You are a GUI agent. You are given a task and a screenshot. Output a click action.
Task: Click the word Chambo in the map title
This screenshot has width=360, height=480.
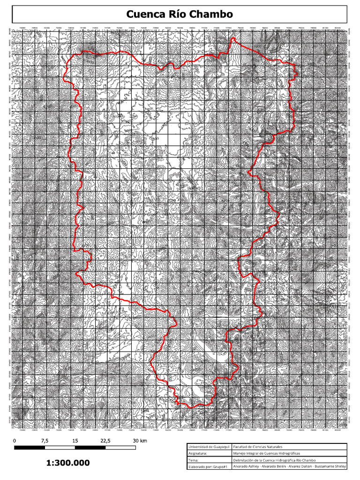[x=211, y=15]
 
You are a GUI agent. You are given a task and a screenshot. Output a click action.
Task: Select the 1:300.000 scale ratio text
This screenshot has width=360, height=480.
[x=68, y=463]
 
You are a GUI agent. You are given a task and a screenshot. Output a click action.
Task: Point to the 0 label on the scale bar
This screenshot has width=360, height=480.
[x=15, y=441]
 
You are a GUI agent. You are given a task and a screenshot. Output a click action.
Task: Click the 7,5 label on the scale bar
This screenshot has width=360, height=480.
[x=45, y=441]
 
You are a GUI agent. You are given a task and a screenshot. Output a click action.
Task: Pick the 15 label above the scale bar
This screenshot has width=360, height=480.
[x=75, y=441]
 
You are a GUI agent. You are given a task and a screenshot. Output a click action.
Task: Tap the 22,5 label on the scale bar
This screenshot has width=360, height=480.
[x=105, y=441]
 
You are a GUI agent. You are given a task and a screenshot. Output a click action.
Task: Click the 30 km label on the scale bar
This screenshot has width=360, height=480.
[x=140, y=441]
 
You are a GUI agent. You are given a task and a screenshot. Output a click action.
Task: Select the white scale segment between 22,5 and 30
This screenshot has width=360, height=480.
[x=120, y=448]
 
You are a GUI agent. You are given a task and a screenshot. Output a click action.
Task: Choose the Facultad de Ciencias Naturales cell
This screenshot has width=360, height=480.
[x=262, y=447]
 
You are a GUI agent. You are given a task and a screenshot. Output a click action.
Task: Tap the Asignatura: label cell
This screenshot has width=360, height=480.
[x=199, y=454]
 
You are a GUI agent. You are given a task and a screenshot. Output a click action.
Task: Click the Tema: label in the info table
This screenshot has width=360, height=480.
[x=194, y=460]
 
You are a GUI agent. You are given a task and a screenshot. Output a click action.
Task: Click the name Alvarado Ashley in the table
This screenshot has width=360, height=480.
[x=246, y=467]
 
